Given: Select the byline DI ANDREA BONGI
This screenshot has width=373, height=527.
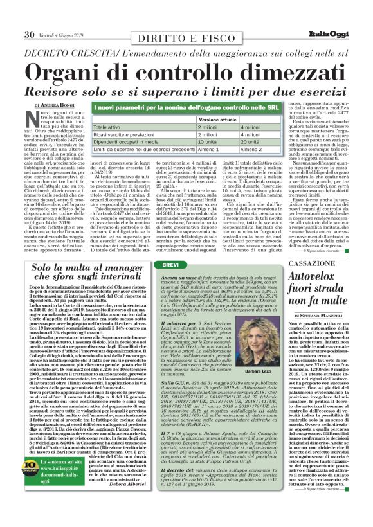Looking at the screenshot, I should click(54, 104).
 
